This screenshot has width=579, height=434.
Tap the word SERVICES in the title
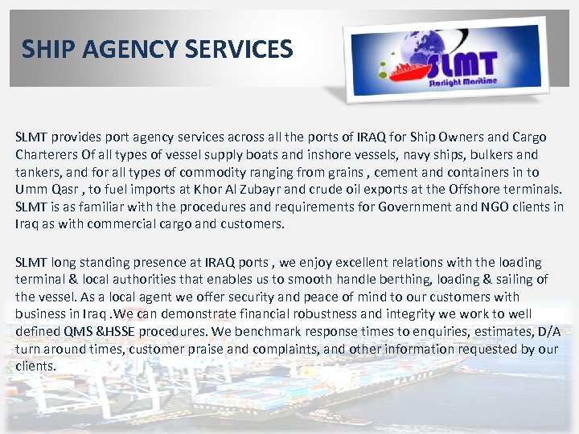239,50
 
